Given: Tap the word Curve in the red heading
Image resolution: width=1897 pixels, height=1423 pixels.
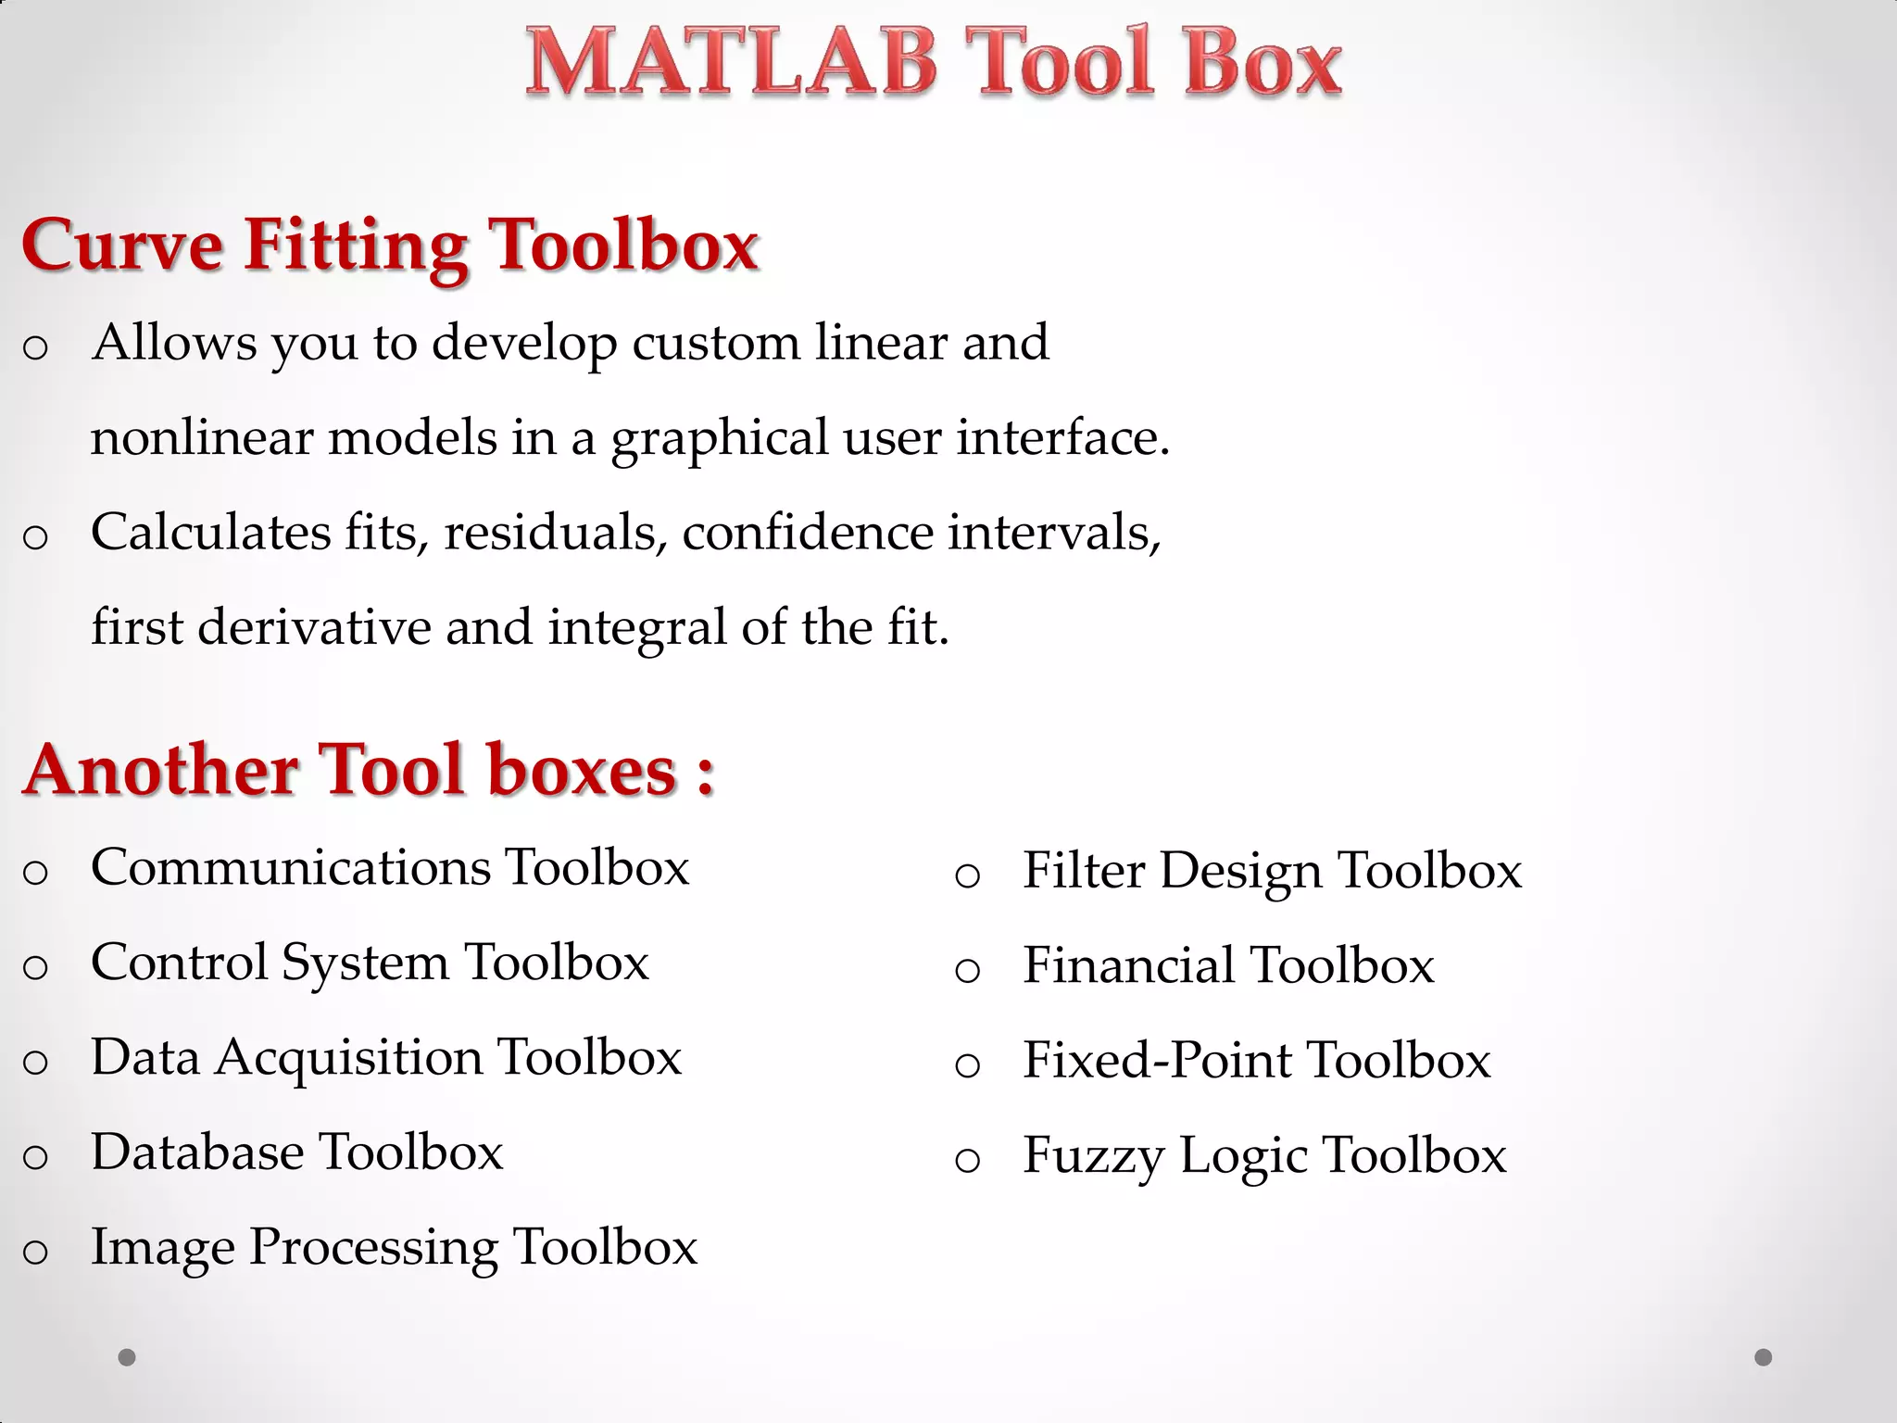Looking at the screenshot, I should [x=122, y=246].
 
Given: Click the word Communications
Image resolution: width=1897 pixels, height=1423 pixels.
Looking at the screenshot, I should [x=291, y=868].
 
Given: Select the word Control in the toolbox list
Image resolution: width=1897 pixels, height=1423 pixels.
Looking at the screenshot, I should [x=179, y=963].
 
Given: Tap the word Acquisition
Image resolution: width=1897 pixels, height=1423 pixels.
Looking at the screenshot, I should [x=349, y=1059].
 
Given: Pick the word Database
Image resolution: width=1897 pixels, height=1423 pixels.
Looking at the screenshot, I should [x=196, y=1152].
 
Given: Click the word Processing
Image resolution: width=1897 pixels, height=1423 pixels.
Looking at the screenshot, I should [x=373, y=1249].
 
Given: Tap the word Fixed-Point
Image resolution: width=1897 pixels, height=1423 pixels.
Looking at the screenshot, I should [x=1158, y=1061].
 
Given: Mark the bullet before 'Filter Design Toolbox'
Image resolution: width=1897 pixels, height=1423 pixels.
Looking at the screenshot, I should [x=967, y=876].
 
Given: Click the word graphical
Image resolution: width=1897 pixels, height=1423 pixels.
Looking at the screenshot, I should [x=719, y=439].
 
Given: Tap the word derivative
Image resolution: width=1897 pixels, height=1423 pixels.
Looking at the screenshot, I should [x=314, y=628].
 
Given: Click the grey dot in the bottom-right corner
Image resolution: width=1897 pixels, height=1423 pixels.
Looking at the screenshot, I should [x=1763, y=1357].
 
